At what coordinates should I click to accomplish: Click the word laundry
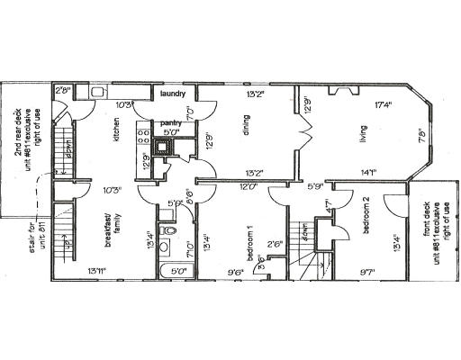pos(173,93)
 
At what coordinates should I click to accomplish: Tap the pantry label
pos(171,122)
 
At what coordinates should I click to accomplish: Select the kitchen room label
pos(116,135)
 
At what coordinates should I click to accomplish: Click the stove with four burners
pos(140,136)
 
